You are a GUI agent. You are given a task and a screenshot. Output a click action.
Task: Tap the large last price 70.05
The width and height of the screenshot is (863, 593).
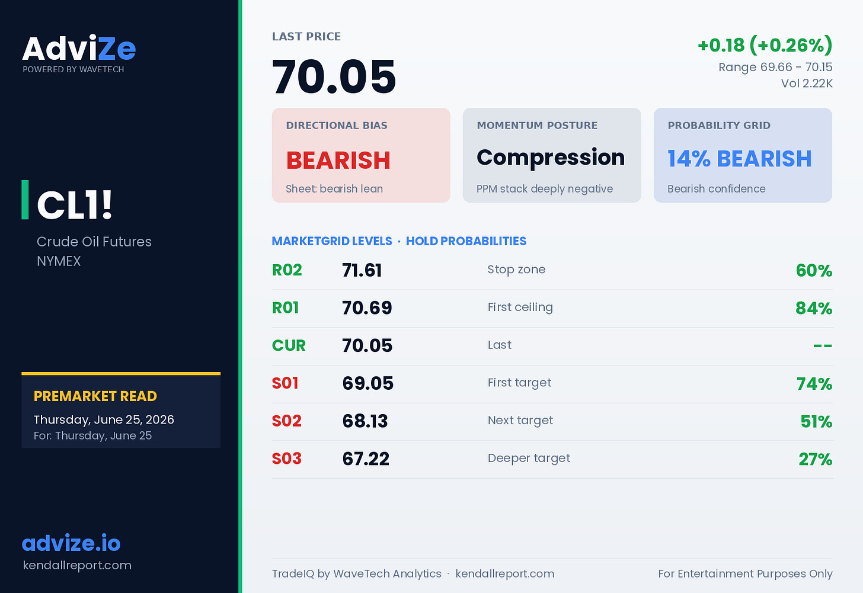[x=334, y=76]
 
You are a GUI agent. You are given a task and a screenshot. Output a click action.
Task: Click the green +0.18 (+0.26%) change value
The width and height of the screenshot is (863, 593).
[x=765, y=46]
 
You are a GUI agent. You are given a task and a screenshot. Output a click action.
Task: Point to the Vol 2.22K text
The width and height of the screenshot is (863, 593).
[x=807, y=83]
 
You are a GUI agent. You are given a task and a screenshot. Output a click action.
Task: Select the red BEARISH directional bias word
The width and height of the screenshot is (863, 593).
[x=338, y=160]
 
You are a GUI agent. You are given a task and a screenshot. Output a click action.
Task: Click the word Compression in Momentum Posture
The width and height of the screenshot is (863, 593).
[x=551, y=158]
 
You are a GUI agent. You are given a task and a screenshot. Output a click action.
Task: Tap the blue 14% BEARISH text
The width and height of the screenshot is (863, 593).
[x=739, y=159]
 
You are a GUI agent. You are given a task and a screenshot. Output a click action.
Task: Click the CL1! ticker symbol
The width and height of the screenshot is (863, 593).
[x=74, y=204]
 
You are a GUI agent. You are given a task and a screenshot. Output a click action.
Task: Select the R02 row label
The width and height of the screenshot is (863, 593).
[x=287, y=270]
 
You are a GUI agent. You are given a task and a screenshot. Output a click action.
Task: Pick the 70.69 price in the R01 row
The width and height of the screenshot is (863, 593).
[x=367, y=307]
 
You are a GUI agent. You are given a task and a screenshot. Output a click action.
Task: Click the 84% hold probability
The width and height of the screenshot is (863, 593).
[x=814, y=308]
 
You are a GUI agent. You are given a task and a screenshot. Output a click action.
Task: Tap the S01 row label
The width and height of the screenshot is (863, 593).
[x=285, y=383]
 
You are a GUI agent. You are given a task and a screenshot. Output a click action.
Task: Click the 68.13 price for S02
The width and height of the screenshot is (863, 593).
[x=365, y=421]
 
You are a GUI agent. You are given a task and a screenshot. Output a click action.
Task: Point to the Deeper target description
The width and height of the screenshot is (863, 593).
[x=529, y=458]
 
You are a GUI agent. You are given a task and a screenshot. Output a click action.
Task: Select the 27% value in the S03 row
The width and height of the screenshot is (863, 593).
[x=816, y=459]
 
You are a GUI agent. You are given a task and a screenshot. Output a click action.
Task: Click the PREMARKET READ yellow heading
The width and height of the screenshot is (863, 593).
[x=95, y=396]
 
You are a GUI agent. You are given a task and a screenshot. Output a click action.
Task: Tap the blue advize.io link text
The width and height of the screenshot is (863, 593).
[x=71, y=543]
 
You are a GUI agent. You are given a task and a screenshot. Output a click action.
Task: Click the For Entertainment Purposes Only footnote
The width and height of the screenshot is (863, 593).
[x=746, y=573]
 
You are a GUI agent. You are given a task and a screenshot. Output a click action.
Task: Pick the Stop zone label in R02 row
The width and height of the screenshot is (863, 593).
[x=517, y=269]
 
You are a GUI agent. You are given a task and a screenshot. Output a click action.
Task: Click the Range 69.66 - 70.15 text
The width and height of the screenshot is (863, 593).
[x=775, y=67]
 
